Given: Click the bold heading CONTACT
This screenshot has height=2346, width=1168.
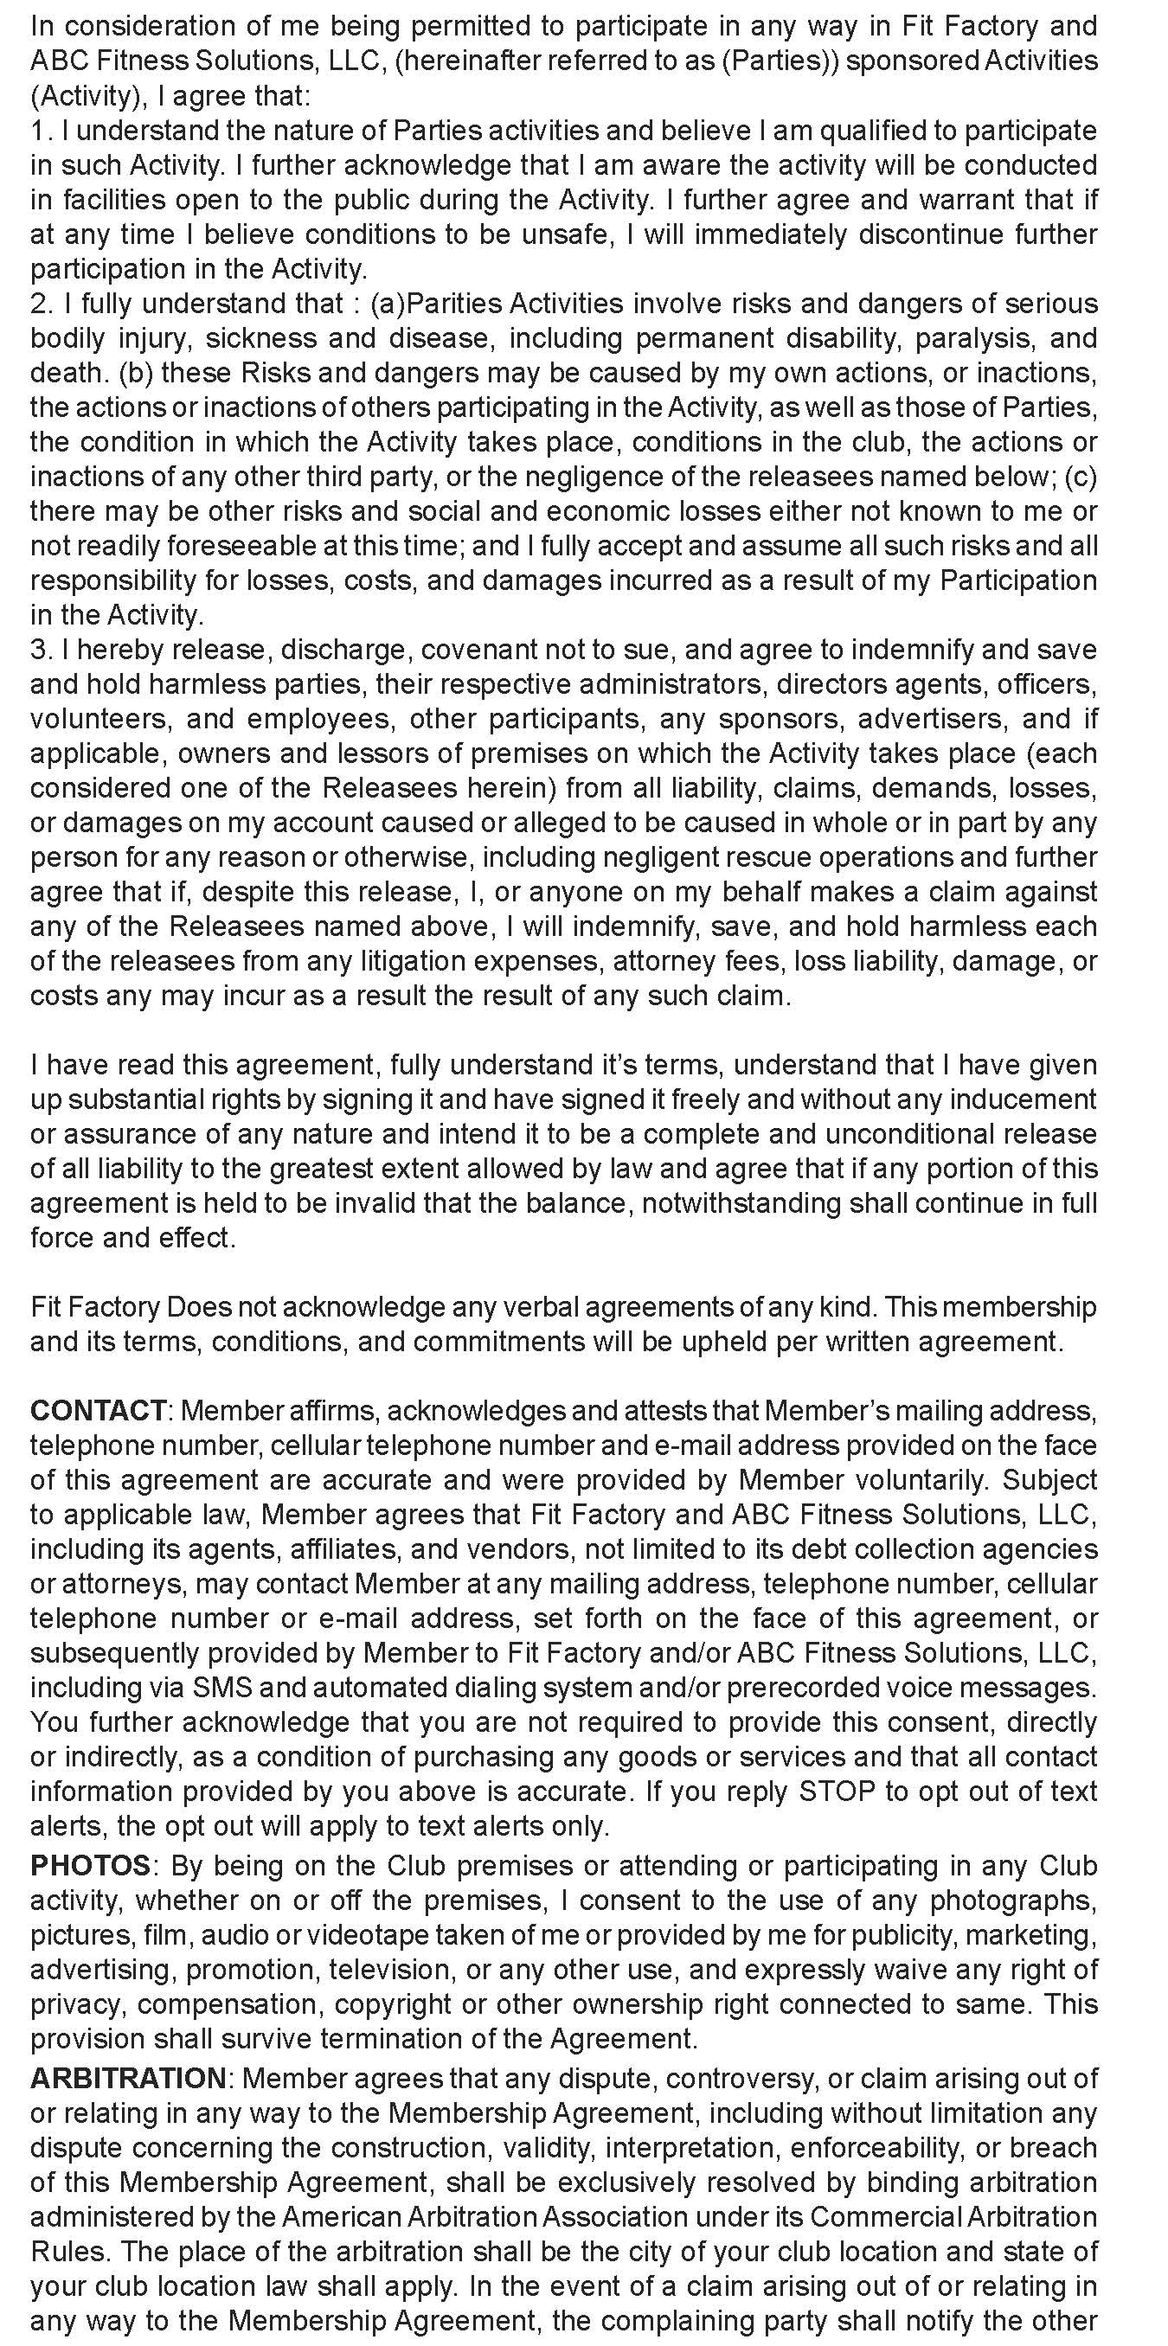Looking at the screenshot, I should pos(98,1411).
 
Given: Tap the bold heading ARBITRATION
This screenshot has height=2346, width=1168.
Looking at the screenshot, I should pos(127,2078).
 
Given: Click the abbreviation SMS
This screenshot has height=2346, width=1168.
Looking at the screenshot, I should pos(215,1688).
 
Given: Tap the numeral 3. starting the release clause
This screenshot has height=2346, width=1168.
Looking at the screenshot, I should pos(41,650).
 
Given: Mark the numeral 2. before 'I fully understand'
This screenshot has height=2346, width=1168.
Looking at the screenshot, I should pos(41,304).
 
